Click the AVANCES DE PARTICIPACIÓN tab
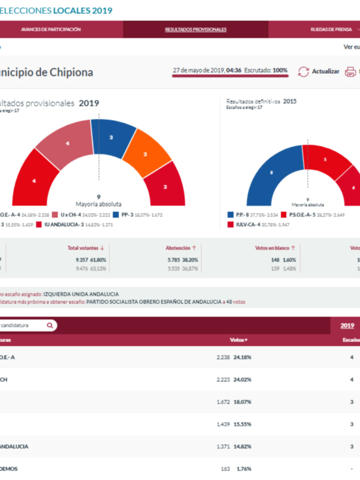tap(50, 29)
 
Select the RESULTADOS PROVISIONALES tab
tap(196, 29)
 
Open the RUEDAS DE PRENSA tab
tap(327, 29)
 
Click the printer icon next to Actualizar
tap(350, 71)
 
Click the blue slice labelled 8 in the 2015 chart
tap(269, 174)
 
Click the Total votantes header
tap(85, 247)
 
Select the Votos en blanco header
tap(274, 247)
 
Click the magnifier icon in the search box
tap(50, 325)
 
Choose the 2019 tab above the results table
tap(347, 325)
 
